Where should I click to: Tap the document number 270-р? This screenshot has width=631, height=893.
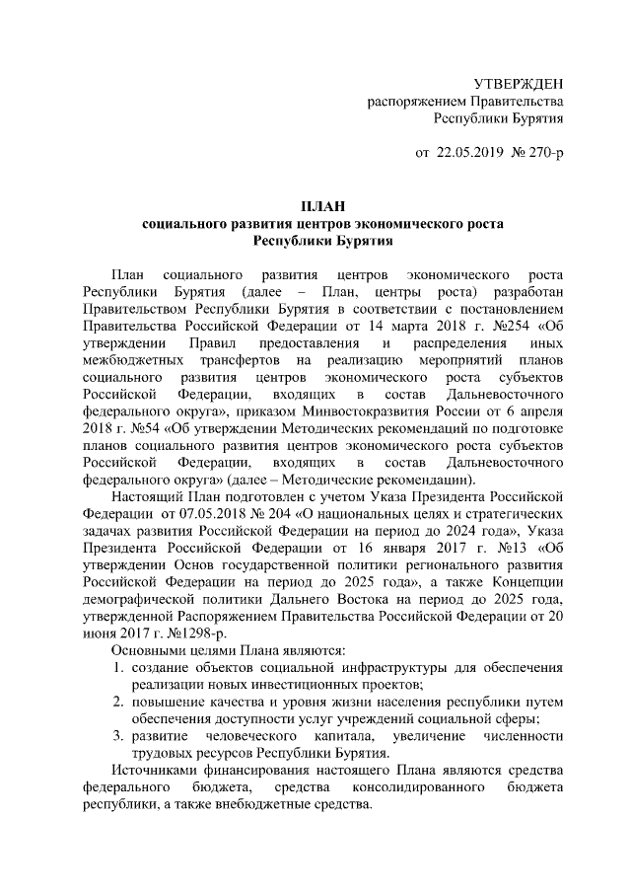541,154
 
